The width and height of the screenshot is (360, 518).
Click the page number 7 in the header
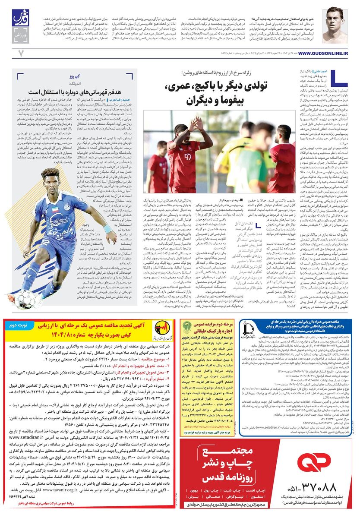[20, 53]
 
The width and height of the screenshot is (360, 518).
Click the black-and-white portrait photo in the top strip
[335, 24]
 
